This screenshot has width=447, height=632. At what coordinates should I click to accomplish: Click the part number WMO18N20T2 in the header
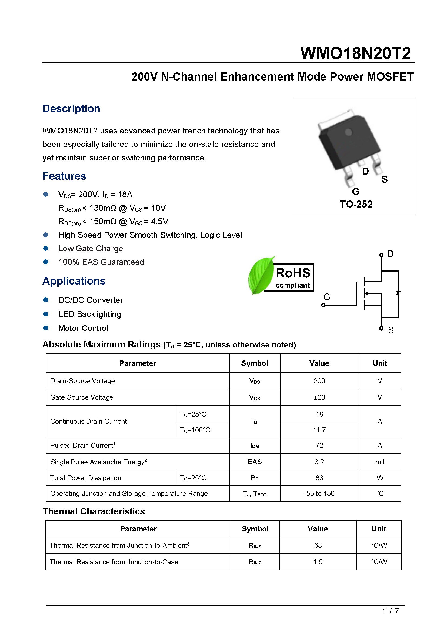(355, 53)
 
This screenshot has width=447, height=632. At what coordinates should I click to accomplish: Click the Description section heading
(71, 109)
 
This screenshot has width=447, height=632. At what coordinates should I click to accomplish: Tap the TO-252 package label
(356, 204)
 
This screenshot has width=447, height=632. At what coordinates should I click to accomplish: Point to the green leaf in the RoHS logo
(260, 275)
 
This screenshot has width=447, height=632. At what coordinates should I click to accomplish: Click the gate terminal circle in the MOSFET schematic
(323, 305)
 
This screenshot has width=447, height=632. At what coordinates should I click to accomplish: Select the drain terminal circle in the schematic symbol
(381, 255)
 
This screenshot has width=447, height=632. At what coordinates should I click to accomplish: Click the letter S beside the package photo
(385, 179)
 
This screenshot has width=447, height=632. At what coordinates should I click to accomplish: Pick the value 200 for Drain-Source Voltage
(319, 381)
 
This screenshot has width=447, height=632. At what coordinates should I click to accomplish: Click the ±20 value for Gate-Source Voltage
(319, 397)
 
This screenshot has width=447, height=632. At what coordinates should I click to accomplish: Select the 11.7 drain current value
(319, 430)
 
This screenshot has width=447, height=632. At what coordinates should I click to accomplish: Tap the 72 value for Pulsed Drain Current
(319, 445)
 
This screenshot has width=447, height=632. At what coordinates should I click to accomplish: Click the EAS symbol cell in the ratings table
(255, 462)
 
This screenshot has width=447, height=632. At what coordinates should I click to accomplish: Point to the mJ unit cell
(379, 462)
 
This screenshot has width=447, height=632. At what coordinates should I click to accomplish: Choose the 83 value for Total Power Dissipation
(319, 478)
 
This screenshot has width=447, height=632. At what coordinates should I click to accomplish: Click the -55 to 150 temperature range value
(319, 494)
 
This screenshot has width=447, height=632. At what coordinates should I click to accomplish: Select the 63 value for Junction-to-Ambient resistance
(318, 545)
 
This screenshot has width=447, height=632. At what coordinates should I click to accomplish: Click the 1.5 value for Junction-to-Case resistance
(318, 562)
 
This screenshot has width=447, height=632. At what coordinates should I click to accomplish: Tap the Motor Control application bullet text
(83, 328)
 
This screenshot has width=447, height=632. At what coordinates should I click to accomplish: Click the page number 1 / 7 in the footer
(390, 611)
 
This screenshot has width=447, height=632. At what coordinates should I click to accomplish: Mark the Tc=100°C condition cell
(195, 430)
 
